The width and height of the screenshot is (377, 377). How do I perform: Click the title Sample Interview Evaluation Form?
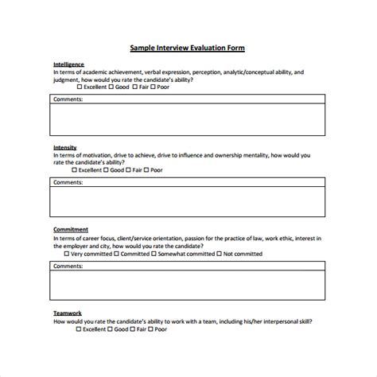pos(188,48)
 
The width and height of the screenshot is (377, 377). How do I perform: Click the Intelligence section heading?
pos(68,64)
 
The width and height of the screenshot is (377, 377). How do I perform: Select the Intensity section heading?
pos(65,147)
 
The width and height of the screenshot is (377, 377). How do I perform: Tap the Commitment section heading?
pos(71,230)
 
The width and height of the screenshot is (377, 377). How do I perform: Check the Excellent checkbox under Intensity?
pos(75,170)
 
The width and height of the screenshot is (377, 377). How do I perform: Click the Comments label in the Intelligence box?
pos(68,99)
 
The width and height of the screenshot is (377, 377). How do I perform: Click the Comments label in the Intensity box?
pos(68,182)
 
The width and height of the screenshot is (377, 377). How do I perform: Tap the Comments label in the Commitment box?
pos(68,266)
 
